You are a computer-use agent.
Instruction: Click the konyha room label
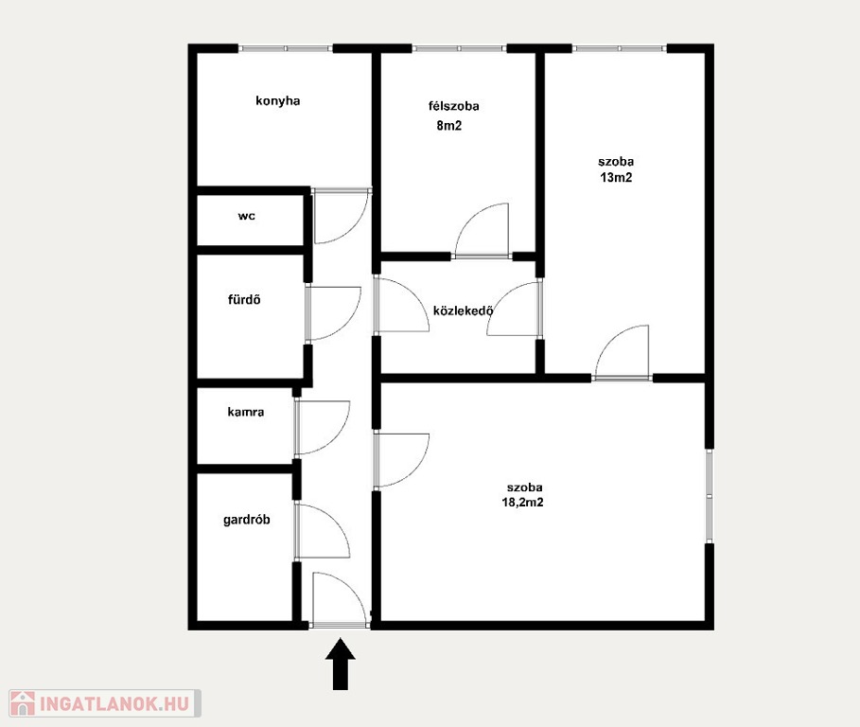pyautogui.click(x=277, y=101)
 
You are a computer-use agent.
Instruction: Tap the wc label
pyautogui.click(x=246, y=216)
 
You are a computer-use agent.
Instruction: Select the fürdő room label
pyautogui.click(x=244, y=299)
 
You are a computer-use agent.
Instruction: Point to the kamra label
pyautogui.click(x=246, y=412)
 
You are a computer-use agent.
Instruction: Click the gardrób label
pyautogui.click(x=246, y=520)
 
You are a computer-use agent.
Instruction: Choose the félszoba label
pyautogui.click(x=453, y=106)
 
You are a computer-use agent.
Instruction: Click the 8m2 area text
pyautogui.click(x=449, y=126)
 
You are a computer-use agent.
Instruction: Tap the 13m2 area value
pyautogui.click(x=616, y=178)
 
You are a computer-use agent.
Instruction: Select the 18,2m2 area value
pyautogui.click(x=522, y=502)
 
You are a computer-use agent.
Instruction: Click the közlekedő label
pyautogui.click(x=464, y=311)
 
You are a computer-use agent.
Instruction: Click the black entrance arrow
pyautogui.click(x=341, y=664)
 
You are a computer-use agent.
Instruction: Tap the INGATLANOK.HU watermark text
pyautogui.click(x=114, y=702)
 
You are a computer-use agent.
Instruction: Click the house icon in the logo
pyautogui.click(x=23, y=702)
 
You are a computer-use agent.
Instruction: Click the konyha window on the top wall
pyautogui.click(x=286, y=49)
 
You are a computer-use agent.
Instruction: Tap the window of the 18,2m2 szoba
pyautogui.click(x=710, y=496)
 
